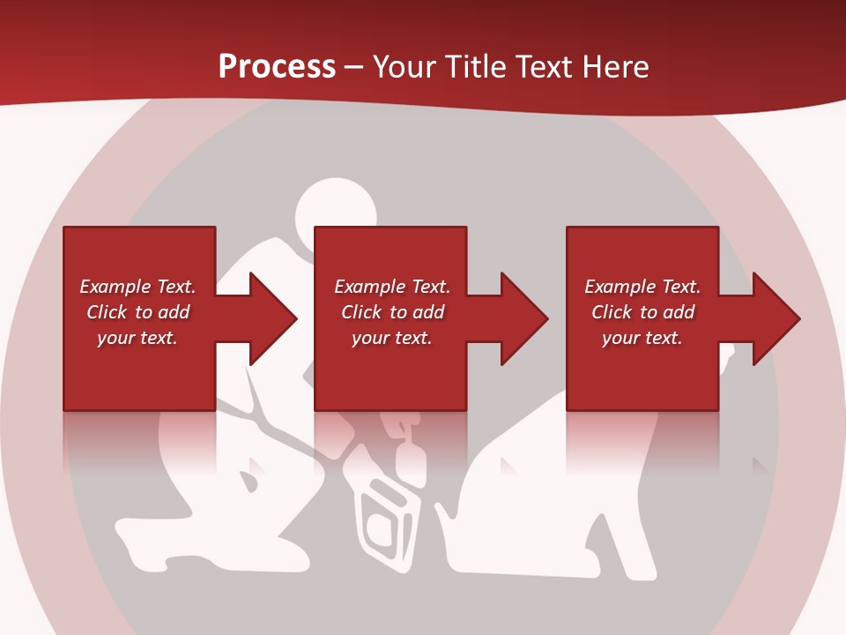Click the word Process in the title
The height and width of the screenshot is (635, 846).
pyautogui.click(x=277, y=67)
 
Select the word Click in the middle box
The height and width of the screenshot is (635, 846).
pyautogui.click(x=360, y=312)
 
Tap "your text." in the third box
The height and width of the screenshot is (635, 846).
pyautogui.click(x=642, y=338)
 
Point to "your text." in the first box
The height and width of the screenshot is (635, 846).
pyautogui.click(x=137, y=338)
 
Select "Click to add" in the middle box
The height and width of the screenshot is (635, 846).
pyautogui.click(x=392, y=312)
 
